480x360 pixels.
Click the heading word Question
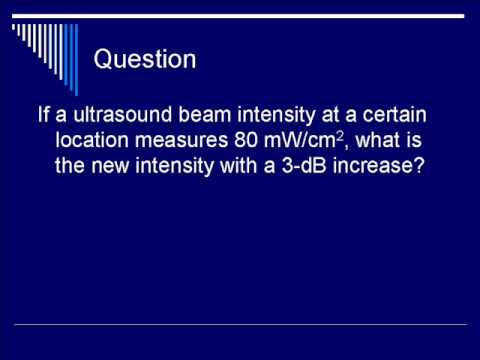tap(145, 60)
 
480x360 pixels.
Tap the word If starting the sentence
tap(43, 114)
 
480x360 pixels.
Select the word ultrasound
tap(122, 114)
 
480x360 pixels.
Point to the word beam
tap(205, 114)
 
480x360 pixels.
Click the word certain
tap(394, 114)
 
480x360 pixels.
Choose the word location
tap(92, 140)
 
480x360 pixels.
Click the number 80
tap(246, 140)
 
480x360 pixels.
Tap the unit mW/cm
tap(299, 140)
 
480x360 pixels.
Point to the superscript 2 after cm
tap(339, 136)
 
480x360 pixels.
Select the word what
tap(378, 140)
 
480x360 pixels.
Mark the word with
tap(239, 165)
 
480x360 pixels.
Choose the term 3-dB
tap(304, 165)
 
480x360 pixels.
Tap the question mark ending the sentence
tap(419, 165)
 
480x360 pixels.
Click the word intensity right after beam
tap(276, 115)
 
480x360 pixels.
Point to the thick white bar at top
tap(238, 16)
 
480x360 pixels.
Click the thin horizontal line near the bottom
tap(241, 324)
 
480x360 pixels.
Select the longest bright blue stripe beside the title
tap(76, 60)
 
